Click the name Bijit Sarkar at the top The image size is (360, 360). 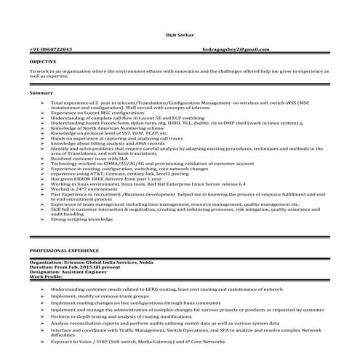(179, 35)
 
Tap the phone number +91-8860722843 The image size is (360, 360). (51, 49)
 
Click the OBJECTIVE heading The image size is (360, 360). (43, 63)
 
